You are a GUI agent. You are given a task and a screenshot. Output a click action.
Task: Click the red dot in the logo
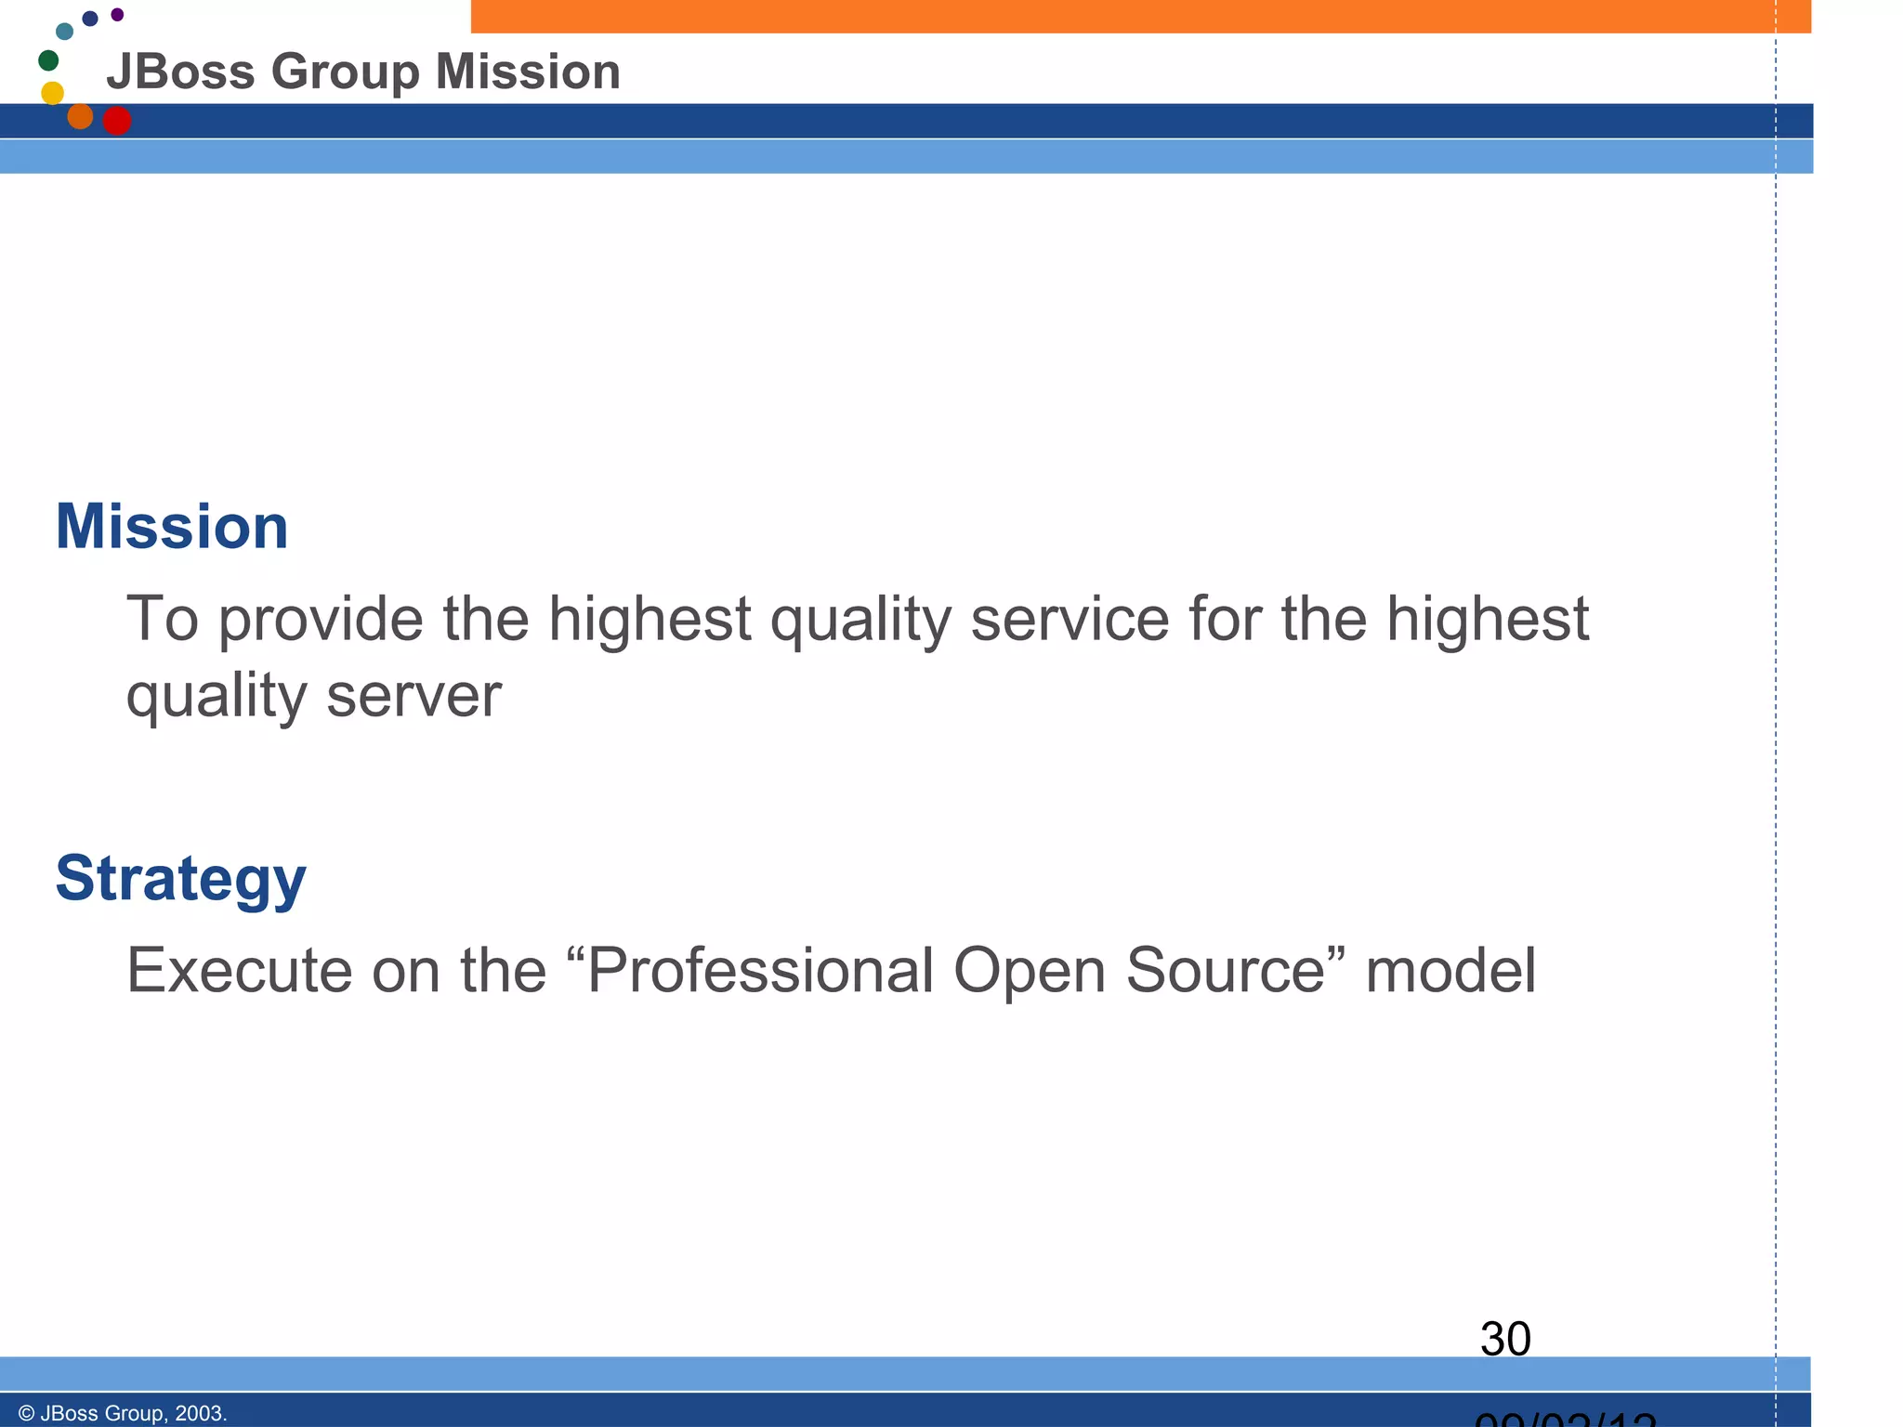click(117, 121)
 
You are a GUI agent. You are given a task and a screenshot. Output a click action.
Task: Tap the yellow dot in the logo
click(53, 93)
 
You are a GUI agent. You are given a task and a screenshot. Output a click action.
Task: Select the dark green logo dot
click(48, 60)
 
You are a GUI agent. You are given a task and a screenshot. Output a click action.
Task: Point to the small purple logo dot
click(117, 15)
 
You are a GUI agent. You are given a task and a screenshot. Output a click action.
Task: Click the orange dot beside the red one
click(81, 116)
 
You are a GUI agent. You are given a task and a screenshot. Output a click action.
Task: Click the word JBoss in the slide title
click(180, 72)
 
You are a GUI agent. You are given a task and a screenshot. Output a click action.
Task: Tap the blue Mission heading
click(172, 527)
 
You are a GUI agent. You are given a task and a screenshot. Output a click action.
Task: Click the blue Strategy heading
click(180, 879)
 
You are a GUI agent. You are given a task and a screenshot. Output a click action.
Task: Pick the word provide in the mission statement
click(321, 620)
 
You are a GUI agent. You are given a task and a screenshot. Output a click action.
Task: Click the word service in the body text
click(1070, 620)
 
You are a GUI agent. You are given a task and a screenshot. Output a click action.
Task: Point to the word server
click(413, 696)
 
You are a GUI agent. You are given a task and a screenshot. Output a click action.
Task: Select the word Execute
click(240, 971)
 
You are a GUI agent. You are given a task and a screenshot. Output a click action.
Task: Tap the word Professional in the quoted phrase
click(761, 971)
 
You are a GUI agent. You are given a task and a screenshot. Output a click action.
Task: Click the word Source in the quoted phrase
click(1226, 971)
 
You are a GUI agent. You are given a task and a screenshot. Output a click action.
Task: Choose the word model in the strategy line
click(1450, 971)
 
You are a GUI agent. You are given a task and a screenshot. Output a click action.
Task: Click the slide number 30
click(1505, 1339)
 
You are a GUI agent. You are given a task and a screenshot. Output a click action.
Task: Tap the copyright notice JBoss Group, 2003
click(123, 1413)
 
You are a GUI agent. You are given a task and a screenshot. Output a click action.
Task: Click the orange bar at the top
click(1141, 16)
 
